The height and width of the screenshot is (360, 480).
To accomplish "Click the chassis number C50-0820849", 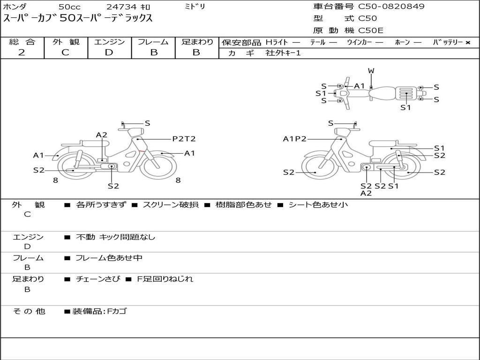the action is point(391,7).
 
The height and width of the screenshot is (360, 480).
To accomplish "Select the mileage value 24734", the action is point(121,7).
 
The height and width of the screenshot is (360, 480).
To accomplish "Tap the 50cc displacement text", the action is point(69,7).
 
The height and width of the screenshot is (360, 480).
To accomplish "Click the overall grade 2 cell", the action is point(22,52).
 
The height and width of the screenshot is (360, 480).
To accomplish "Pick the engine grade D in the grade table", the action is point(109,52).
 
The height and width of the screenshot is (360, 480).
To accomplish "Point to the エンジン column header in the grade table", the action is point(109,42).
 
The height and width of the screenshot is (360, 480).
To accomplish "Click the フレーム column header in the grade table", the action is point(153,42).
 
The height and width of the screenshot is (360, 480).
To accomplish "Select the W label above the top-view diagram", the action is point(371,71).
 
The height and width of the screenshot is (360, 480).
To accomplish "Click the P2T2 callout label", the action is point(184,139).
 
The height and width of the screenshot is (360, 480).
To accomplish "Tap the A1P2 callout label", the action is point(294,139).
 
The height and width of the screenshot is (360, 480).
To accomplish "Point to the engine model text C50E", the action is point(371,31).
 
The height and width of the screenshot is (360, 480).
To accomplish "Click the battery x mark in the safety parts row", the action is point(467,43).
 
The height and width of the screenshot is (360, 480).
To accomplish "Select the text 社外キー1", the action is point(283,53).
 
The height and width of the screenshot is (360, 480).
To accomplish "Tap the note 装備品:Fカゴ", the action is point(99,311).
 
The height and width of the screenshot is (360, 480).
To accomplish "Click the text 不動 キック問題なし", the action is point(115,237).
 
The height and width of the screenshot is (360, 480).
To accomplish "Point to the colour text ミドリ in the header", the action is point(195,7).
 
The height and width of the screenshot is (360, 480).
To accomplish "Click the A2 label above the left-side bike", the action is point(102,135).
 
